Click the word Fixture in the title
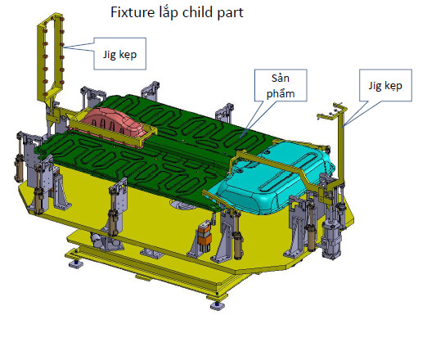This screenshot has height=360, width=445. [133, 12]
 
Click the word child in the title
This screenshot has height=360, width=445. [197, 12]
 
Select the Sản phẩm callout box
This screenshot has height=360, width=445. [281, 85]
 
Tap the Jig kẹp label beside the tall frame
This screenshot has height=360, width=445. [119, 54]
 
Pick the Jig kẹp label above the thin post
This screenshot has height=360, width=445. [385, 85]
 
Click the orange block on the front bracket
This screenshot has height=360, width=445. [205, 235]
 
